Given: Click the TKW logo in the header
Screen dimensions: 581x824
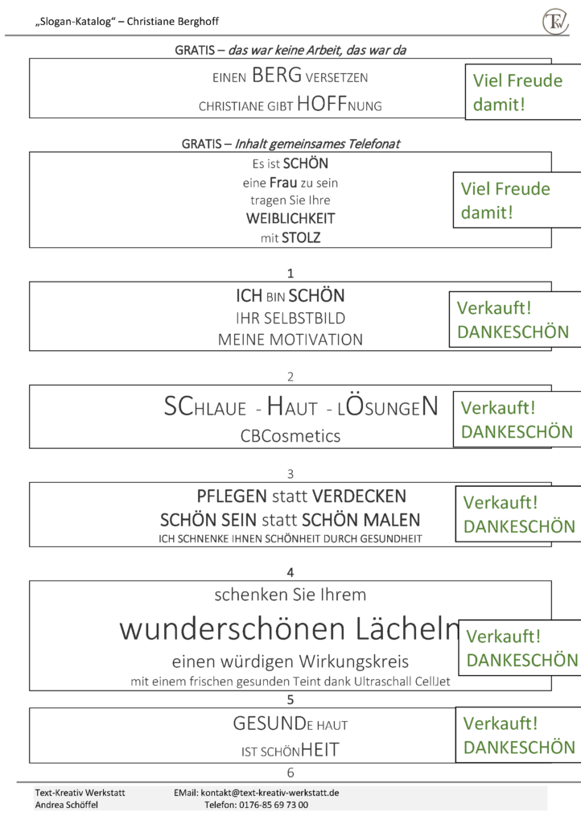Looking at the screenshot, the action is (555, 21).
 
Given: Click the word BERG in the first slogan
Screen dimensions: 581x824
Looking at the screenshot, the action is (277, 75).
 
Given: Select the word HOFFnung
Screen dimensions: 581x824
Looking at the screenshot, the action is (340, 104).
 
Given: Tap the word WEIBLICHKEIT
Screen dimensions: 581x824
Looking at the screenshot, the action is (290, 218).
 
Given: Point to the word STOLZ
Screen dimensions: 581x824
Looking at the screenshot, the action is (301, 237).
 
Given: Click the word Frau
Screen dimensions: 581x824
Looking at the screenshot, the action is (283, 183).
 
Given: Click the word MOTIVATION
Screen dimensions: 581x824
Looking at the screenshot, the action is (316, 340).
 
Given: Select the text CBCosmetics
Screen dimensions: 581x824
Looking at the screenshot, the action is (290, 435).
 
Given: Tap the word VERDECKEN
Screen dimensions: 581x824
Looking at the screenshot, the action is (360, 496).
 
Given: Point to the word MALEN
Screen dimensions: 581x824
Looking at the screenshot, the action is (392, 520).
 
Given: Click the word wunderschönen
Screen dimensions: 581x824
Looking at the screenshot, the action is (233, 628).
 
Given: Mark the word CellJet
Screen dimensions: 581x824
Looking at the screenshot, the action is (432, 682).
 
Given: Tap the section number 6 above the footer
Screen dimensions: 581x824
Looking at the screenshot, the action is (290, 772).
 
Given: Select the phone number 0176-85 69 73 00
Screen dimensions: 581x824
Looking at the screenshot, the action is (274, 805).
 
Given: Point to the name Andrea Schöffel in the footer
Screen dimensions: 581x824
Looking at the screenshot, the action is (67, 805).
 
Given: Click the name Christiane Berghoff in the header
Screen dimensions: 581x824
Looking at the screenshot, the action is (173, 22).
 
